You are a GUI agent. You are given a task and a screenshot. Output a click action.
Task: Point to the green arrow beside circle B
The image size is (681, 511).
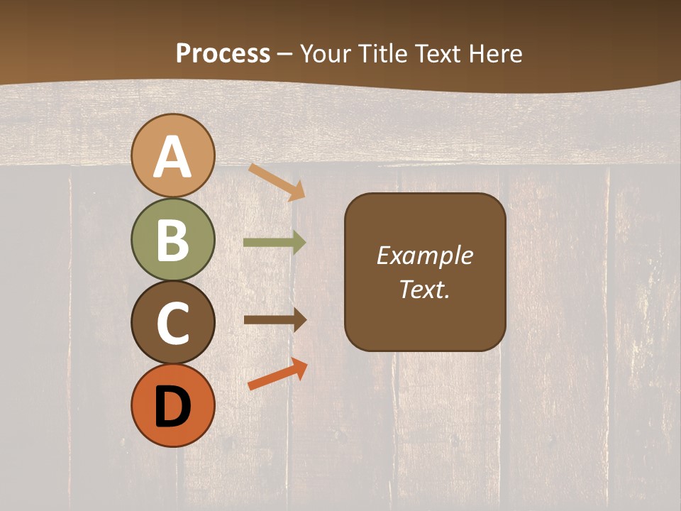tap(275, 243)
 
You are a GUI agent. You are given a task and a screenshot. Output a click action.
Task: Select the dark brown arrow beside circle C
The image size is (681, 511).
tap(275, 320)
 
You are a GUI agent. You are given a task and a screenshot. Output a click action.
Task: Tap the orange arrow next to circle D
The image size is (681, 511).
tap(277, 375)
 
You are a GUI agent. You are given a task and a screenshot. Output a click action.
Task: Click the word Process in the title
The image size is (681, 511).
tap(223, 53)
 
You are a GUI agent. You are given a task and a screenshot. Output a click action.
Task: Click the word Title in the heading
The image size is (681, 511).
tap(384, 53)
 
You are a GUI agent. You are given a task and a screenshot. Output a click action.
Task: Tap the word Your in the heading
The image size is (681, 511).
tap(326, 53)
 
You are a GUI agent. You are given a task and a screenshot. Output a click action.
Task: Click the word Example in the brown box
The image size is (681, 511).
tap(424, 255)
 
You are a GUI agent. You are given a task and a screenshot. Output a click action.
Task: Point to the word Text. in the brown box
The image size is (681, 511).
tap(424, 289)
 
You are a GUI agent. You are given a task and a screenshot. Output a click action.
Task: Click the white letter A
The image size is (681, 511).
tap(173, 157)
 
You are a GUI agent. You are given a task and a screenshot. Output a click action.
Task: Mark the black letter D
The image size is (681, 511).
tap(173, 407)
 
